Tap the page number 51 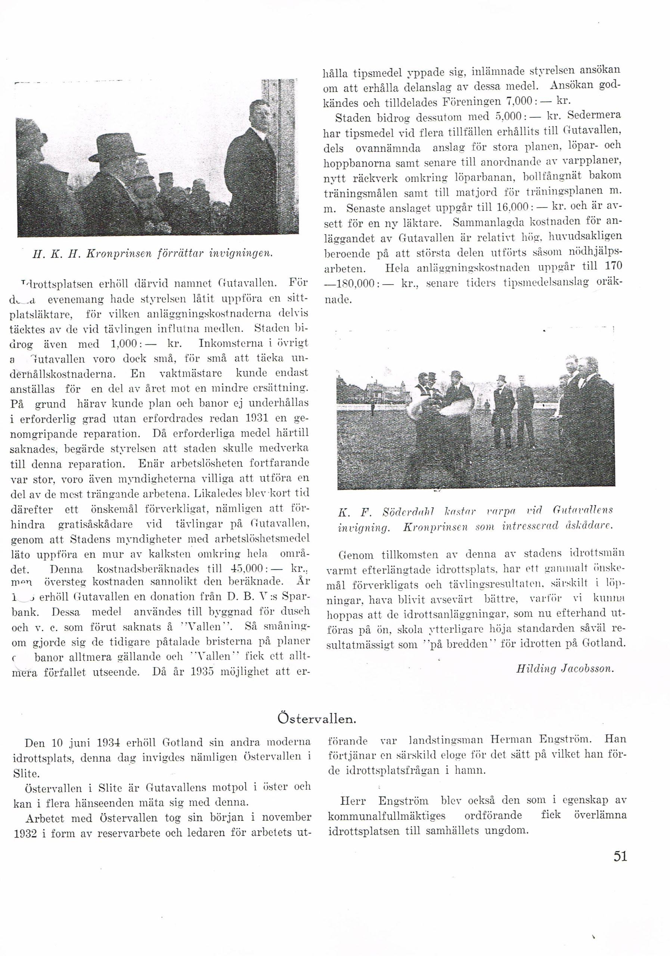pyautogui.click(x=620, y=857)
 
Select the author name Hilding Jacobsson pyautogui.click(x=565, y=669)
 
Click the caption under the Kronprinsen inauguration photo pyautogui.click(x=152, y=253)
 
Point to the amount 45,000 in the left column pyautogui.click(x=246, y=569)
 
